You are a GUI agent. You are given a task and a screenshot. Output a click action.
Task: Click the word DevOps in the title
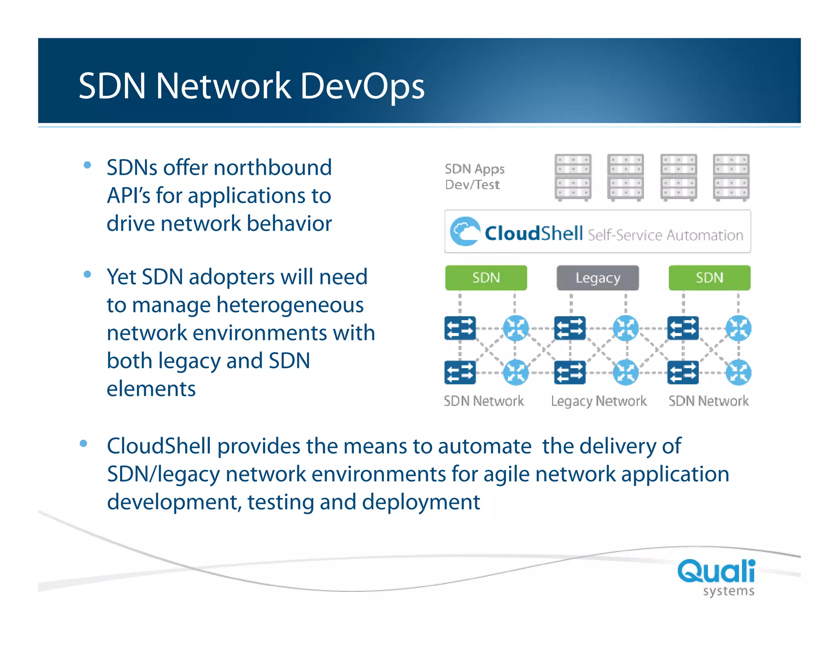[362, 86]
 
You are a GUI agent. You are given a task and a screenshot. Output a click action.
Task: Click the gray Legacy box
[597, 278]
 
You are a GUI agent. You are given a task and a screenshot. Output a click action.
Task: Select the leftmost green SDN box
[486, 278]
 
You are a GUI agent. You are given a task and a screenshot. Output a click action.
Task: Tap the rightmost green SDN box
[709, 278]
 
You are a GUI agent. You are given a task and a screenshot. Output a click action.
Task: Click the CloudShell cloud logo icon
[465, 231]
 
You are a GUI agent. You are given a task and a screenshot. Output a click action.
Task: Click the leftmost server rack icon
[573, 177]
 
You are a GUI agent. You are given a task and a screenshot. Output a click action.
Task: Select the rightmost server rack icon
[731, 177]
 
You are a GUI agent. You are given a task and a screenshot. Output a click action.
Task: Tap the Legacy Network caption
[599, 401]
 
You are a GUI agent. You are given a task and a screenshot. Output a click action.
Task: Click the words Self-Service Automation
[665, 235]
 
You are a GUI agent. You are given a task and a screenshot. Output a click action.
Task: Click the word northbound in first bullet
[272, 168]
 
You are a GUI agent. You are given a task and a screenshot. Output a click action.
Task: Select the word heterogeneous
[290, 305]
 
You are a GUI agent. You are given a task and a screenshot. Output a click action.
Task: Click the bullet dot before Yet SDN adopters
[87, 274]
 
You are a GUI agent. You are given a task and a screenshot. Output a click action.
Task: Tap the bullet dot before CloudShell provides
[84, 443]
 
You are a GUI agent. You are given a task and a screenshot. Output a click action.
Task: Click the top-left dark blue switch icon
[460, 328]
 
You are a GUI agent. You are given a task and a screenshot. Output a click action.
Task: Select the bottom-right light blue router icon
[738, 373]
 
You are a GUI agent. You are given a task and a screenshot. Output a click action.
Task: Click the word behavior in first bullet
[289, 224]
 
